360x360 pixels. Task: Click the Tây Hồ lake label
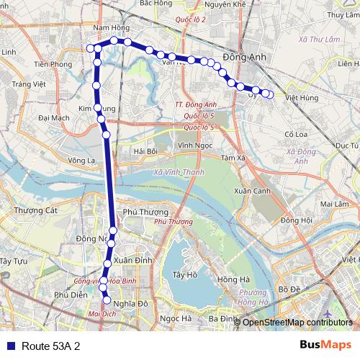185,274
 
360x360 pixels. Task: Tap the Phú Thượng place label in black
145,212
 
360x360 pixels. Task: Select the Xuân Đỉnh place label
132,260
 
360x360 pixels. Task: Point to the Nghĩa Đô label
132,304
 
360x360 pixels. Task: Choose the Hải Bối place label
145,151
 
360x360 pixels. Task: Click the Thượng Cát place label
35,210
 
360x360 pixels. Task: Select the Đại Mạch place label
54,117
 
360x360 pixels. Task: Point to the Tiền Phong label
53,64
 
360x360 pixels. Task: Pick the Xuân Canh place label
251,191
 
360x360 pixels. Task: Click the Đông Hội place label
296,220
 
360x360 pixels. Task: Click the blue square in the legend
9,346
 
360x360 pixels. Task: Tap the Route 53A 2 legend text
50,346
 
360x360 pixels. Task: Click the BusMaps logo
325,345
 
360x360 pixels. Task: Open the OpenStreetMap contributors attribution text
297,322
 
